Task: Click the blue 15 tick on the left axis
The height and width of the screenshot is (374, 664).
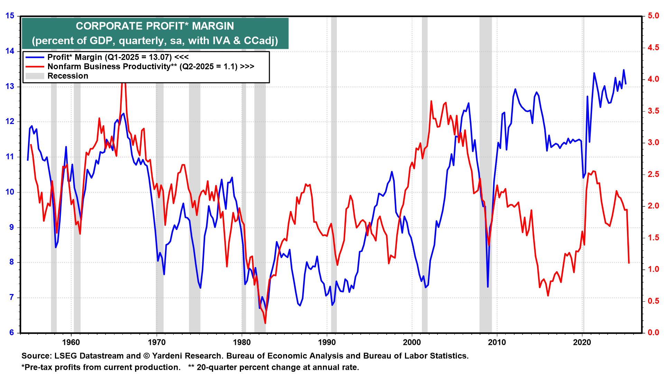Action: pos(10,16)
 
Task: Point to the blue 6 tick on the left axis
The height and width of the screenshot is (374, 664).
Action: pos(12,332)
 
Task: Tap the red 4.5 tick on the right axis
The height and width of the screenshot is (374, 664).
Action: pos(653,48)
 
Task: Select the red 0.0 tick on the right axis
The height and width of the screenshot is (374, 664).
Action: pos(653,332)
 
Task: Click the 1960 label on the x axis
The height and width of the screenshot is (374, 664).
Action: pos(71,342)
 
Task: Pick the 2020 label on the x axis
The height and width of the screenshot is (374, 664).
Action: pos(582,342)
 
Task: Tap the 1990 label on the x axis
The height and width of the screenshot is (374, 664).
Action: pos(326,342)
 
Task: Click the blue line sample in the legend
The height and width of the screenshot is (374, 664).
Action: pos(35,57)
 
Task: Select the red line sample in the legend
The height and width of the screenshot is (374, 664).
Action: pos(35,67)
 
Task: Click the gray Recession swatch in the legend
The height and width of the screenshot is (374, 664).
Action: pos(35,76)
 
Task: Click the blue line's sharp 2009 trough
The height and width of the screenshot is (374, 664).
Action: pos(488,287)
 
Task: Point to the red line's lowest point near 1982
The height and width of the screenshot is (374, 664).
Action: pos(265,323)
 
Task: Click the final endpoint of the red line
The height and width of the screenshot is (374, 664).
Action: pos(629,263)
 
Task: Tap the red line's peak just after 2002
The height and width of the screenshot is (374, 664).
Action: pos(431,101)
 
